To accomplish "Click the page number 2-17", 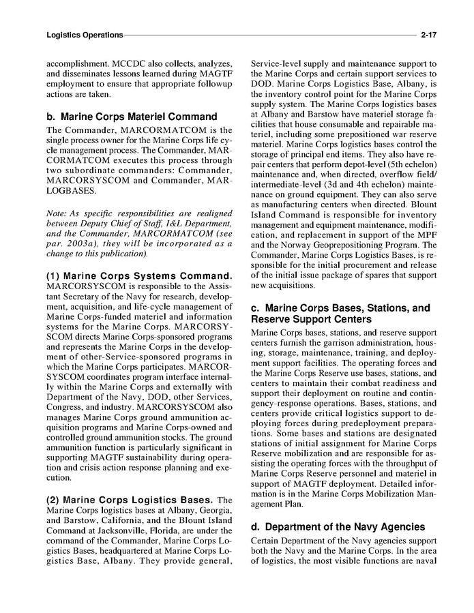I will pos(428,34).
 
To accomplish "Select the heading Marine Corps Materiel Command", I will pos(131,117).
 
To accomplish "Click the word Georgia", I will pos(218,510).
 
